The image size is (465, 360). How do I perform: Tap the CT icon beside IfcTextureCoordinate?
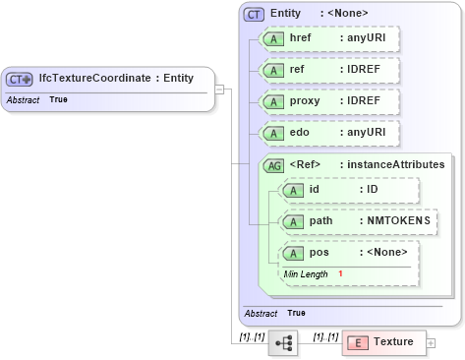(x=19, y=79)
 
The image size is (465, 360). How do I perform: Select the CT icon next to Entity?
(x=255, y=14)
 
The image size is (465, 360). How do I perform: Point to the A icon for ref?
(x=272, y=71)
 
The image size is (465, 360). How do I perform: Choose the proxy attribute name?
(x=306, y=101)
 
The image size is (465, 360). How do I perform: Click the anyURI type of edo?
(x=364, y=132)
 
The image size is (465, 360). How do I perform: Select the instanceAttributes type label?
(x=391, y=164)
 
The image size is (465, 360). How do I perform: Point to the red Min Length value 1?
(x=340, y=272)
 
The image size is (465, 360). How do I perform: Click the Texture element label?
(x=393, y=341)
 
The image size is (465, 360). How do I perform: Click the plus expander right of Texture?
(x=431, y=342)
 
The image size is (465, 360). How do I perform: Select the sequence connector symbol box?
(x=283, y=342)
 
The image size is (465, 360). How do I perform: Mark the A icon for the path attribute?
(x=293, y=221)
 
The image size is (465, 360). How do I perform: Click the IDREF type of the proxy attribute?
(x=363, y=101)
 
